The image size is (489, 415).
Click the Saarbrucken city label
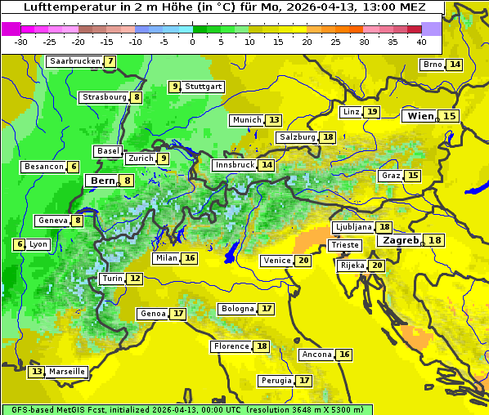coord(74,61)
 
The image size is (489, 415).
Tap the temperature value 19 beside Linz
coord(372,112)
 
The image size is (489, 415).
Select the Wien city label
coord(421,116)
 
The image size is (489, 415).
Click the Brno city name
coord(432,65)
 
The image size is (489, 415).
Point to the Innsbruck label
coord(234,165)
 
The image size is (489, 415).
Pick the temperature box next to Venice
coord(303,261)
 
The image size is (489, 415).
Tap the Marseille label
coord(66,372)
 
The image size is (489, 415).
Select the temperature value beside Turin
coord(135,279)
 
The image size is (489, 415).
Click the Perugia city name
coord(275,381)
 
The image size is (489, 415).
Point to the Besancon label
coord(44,167)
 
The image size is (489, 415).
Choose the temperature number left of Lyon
coord(19,244)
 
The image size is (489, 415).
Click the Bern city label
coord(103,181)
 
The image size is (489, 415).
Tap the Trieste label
coord(344,245)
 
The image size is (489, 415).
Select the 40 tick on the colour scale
coord(421,42)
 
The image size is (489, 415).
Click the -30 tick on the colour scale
coord(21,42)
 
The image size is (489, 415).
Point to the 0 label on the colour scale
coord(193,42)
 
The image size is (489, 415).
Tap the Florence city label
coord(231,346)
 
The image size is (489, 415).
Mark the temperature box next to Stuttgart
coord(174,87)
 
